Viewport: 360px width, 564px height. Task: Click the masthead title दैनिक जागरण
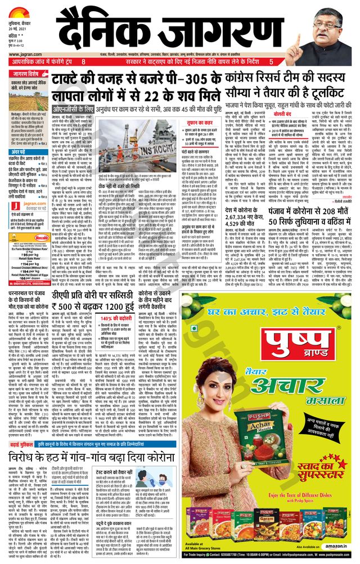point(180,28)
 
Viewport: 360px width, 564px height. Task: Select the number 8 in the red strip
point(83,61)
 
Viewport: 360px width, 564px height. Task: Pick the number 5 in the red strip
point(271,61)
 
